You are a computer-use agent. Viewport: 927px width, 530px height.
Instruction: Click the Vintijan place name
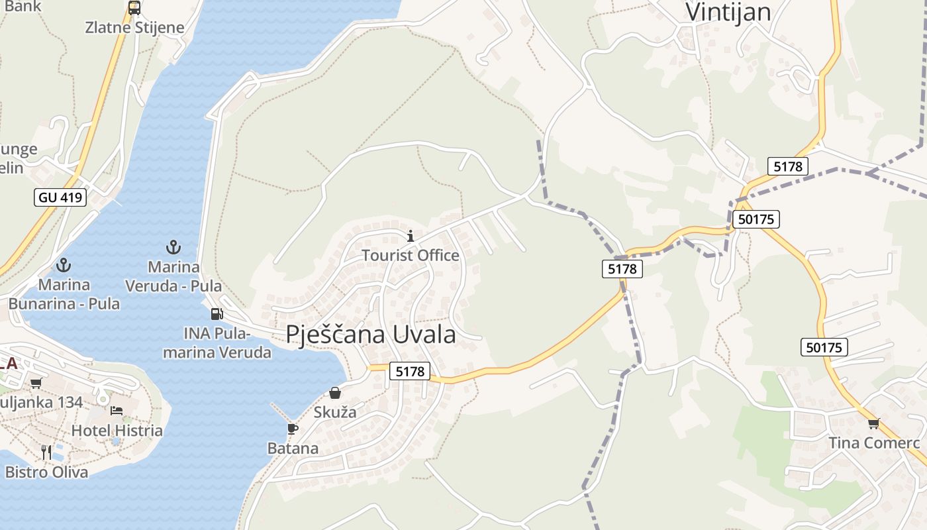click(x=728, y=13)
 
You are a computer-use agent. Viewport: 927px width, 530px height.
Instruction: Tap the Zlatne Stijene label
click(x=134, y=28)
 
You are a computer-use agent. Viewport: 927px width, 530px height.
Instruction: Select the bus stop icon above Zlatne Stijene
click(x=134, y=8)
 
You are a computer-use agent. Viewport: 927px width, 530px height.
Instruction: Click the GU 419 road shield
click(x=60, y=197)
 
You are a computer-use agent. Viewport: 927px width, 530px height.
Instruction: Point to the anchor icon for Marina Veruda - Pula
click(x=173, y=247)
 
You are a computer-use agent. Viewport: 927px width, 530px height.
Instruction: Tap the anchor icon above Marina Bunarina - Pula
click(x=64, y=265)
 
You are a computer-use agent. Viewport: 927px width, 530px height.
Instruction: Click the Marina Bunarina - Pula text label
click(x=64, y=294)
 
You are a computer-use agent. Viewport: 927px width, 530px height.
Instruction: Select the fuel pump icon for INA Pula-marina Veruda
click(x=217, y=313)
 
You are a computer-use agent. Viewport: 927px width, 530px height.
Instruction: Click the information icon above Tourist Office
click(x=411, y=236)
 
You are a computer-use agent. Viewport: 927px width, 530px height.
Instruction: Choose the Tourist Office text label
click(x=411, y=255)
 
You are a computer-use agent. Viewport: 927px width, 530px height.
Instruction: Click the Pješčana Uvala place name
click(x=371, y=335)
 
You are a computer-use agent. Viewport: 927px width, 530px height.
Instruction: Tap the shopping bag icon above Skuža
click(x=335, y=393)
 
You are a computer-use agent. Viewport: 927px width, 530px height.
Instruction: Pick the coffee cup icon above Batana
click(x=293, y=429)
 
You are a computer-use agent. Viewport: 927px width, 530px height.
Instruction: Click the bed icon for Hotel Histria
click(x=117, y=410)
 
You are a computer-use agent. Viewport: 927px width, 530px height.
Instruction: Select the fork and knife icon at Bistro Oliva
click(x=46, y=452)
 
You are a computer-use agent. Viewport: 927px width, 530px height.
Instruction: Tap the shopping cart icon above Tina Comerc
click(x=873, y=423)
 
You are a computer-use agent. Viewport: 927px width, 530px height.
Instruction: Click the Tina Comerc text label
click(x=874, y=443)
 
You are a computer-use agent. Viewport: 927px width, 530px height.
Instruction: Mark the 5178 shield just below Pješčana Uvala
click(x=410, y=372)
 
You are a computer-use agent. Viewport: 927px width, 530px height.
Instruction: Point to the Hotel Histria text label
click(x=117, y=431)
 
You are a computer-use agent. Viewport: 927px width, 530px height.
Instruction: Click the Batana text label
click(x=293, y=449)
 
